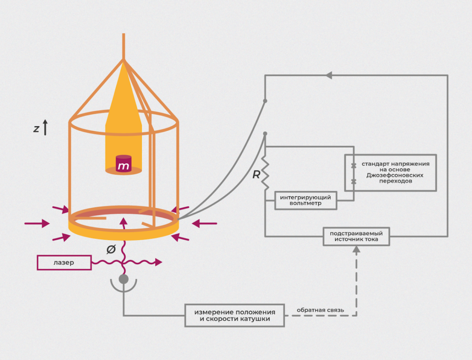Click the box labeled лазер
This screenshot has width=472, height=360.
[63, 263]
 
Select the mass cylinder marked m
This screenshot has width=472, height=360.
[123, 165]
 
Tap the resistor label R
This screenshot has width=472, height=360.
[256, 175]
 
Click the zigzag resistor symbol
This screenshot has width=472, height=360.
[265, 173]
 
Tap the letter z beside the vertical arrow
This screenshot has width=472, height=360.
[36, 129]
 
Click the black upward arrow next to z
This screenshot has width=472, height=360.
[45, 127]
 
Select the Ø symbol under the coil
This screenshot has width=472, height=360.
[111, 249]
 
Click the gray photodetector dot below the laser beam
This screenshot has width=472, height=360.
[124, 279]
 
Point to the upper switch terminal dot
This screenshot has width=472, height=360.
[265, 100]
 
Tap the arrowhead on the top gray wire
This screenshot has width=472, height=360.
[329, 75]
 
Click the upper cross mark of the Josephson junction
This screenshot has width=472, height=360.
[354, 165]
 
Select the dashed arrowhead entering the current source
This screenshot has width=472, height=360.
[356, 249]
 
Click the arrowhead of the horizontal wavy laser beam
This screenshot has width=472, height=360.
[159, 262]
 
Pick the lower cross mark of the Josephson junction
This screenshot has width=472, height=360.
[354, 182]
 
